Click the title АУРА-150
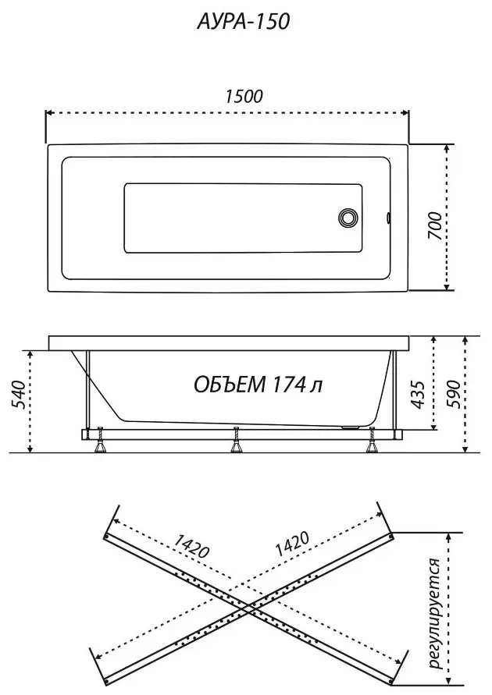(x=244, y=22)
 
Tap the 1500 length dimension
(x=244, y=97)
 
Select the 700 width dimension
(x=435, y=226)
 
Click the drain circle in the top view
(x=348, y=218)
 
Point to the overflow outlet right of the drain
(x=388, y=218)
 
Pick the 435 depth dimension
(x=418, y=394)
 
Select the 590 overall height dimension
(x=454, y=394)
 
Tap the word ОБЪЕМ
(x=230, y=385)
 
